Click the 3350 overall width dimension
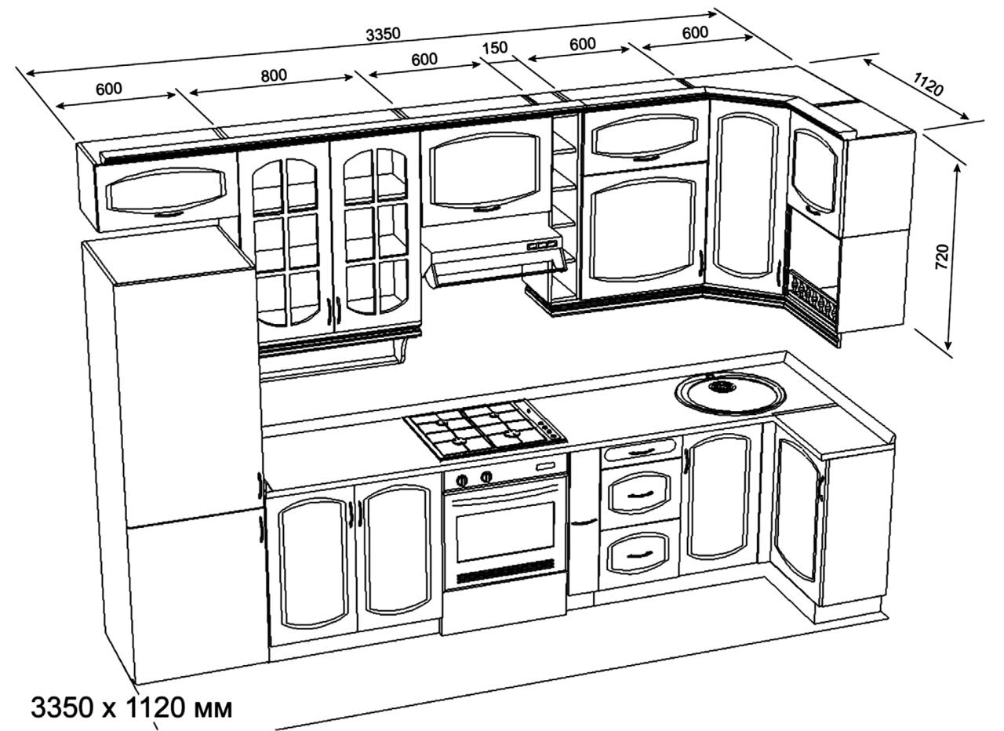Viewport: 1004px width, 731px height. pyautogui.click(x=383, y=34)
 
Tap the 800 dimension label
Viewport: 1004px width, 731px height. pyautogui.click(x=274, y=75)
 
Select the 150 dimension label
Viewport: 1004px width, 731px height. pyautogui.click(x=495, y=48)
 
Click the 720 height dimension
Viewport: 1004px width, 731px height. pyautogui.click(x=943, y=256)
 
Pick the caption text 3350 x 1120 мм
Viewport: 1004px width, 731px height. pyautogui.click(x=132, y=707)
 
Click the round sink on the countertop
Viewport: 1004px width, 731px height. pyautogui.click(x=730, y=393)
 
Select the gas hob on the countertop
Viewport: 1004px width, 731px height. pyautogui.click(x=485, y=429)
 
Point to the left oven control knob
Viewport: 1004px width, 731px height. pyautogui.click(x=462, y=481)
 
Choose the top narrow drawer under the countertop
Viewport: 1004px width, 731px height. pyautogui.click(x=640, y=451)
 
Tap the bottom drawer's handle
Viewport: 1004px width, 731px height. pyautogui.click(x=639, y=555)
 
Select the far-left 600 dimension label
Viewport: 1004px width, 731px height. pyautogui.click(x=109, y=89)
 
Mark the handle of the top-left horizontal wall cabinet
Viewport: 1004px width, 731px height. pyautogui.click(x=169, y=214)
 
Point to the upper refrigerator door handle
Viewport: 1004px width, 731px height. pyautogui.click(x=259, y=485)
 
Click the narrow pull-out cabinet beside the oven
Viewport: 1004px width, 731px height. pyautogui.click(x=584, y=522)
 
